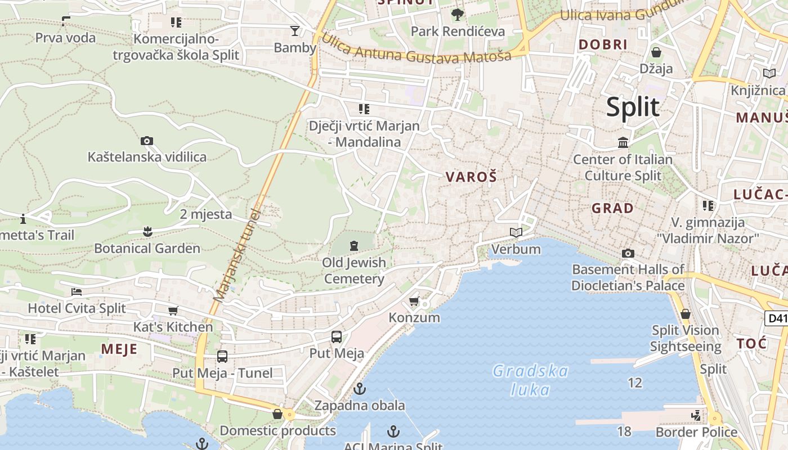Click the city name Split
(x=633, y=107)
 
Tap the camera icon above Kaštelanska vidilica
(x=147, y=141)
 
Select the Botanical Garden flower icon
(x=147, y=231)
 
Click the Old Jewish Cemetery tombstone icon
(x=353, y=245)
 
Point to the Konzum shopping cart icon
(x=414, y=301)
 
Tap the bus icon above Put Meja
(x=336, y=337)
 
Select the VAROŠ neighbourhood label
(x=471, y=177)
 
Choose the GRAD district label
(x=612, y=208)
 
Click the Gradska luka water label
(x=530, y=380)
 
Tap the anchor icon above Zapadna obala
(x=360, y=389)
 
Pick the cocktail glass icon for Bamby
(x=294, y=31)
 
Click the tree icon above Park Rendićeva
(x=457, y=14)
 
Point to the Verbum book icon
(x=516, y=232)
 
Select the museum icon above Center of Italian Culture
(x=623, y=143)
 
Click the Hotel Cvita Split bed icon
(x=77, y=291)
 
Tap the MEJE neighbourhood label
(x=119, y=349)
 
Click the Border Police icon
(x=696, y=416)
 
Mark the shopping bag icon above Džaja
(x=656, y=53)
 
